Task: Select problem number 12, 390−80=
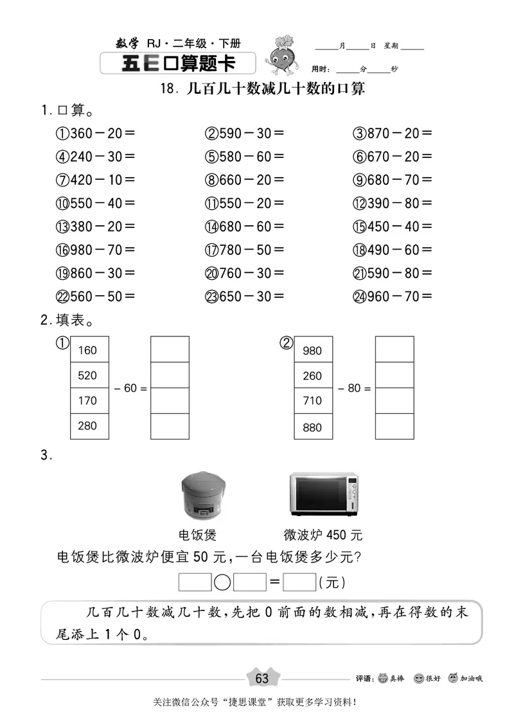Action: (x=393, y=203)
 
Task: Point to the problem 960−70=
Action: (x=393, y=296)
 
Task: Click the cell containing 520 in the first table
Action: (x=89, y=375)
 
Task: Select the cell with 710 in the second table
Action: (x=314, y=401)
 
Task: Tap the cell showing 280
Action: (x=89, y=426)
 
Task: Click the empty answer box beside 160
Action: (x=170, y=350)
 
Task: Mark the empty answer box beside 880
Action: (x=394, y=426)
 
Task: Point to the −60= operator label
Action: (x=130, y=388)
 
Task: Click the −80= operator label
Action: (x=355, y=388)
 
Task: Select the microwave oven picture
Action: (x=323, y=494)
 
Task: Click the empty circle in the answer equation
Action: (x=222, y=583)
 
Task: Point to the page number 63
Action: (x=262, y=678)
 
